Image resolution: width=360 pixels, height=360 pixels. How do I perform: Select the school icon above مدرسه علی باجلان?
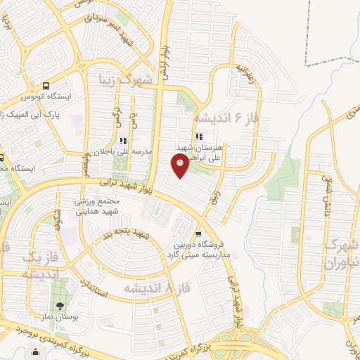point(124,141)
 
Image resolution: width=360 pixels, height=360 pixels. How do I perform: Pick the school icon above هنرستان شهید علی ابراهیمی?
point(199,136)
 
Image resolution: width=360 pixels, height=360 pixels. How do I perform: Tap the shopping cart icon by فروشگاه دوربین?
point(199,234)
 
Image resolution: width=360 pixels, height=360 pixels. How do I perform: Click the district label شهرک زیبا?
point(146,79)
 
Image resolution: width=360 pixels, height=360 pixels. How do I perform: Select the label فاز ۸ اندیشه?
point(155,288)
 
